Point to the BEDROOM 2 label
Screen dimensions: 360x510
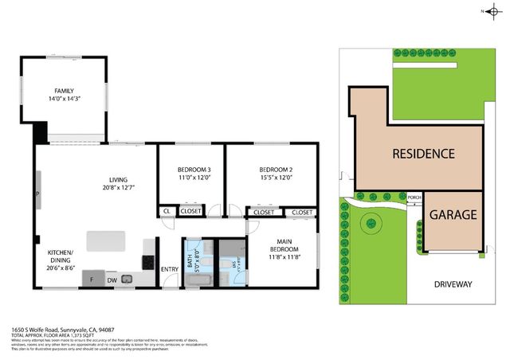276,174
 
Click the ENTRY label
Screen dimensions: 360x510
170,269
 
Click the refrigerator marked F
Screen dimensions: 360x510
92,280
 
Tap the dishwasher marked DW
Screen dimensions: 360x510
112,280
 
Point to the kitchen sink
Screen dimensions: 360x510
137,278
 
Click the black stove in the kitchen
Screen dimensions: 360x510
147,260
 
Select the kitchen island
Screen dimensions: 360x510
105,239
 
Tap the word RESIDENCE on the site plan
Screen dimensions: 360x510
422,154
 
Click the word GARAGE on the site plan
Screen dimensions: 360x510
453,214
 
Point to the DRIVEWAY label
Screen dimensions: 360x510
453,284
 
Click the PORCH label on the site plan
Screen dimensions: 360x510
414,197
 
